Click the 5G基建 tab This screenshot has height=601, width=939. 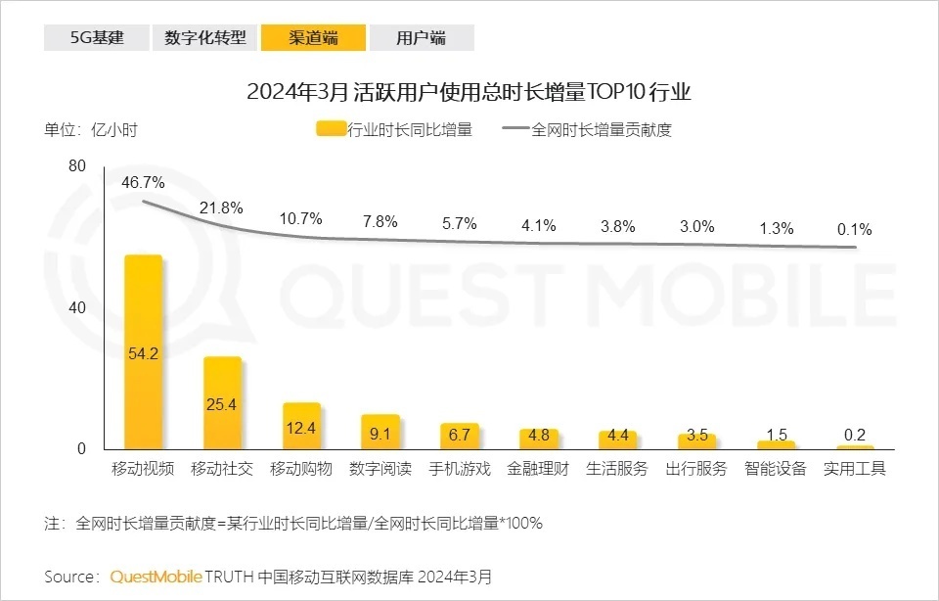(96, 38)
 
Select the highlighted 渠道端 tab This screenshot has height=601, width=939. (313, 38)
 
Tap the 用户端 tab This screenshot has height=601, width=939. (422, 38)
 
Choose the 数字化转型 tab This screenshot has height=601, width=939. (204, 38)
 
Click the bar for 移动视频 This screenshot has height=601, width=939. (143, 352)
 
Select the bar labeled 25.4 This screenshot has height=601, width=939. (222, 402)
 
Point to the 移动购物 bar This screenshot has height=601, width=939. (301, 427)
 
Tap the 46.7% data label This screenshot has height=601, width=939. (143, 183)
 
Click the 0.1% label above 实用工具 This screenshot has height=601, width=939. (854, 230)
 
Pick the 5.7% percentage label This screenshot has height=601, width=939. (459, 223)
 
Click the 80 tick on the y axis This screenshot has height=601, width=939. (78, 167)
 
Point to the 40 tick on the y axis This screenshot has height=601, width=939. (78, 307)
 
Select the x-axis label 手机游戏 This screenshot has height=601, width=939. (459, 469)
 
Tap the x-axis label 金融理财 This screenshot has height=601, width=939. (538, 469)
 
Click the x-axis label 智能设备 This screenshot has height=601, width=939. (775, 469)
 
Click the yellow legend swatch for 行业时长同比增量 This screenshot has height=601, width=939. (332, 129)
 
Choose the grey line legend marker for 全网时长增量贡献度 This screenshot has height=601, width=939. (514, 129)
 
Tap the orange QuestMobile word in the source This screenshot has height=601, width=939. (156, 577)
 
